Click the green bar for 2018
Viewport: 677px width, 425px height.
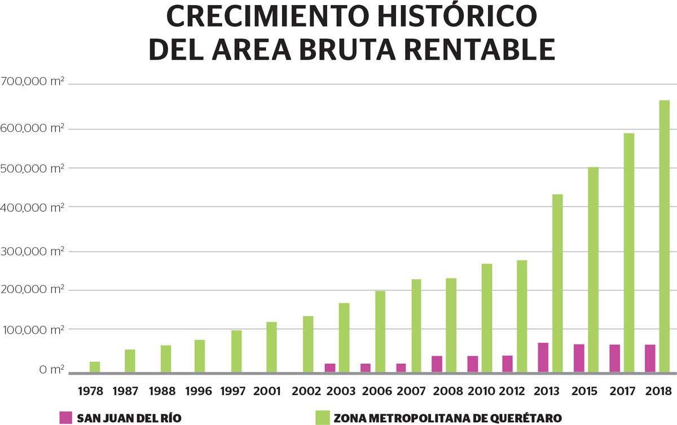tap(664, 236)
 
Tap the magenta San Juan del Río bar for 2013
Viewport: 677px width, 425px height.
tap(543, 357)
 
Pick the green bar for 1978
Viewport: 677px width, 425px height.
tap(95, 367)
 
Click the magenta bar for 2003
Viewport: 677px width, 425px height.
tap(330, 368)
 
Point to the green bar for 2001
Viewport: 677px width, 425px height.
tap(271, 347)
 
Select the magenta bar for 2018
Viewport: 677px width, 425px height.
tap(650, 358)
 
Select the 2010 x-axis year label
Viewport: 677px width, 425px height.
tap(481, 391)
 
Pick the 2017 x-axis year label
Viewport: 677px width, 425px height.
tap(623, 391)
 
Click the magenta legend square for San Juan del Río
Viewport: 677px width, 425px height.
tap(67, 418)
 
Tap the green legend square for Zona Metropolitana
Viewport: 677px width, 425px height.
tap(322, 418)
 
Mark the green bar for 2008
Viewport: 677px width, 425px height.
tap(450, 325)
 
